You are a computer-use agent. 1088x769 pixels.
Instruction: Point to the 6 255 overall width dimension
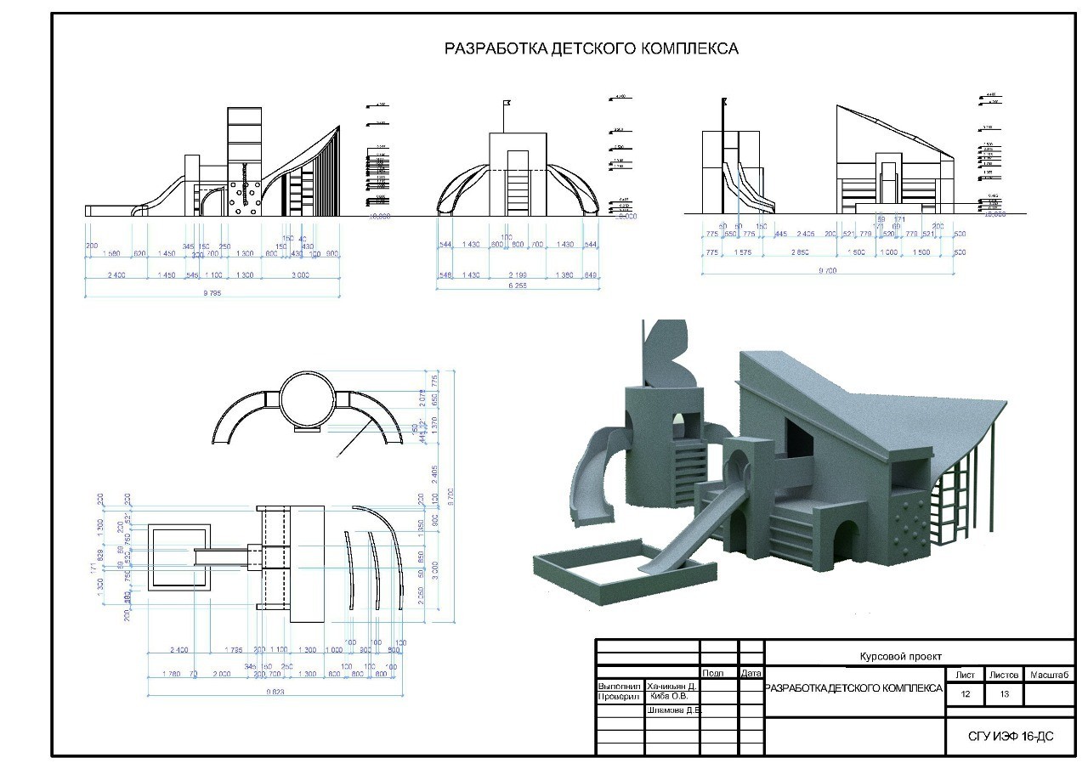518,286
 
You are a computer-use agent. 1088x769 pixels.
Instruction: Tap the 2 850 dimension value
799,252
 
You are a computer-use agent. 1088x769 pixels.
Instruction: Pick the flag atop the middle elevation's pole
507,102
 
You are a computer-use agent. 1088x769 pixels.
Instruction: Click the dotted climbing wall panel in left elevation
246,196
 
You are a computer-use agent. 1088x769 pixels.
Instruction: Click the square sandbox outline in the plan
178,557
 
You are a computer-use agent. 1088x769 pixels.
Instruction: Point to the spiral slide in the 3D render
590,476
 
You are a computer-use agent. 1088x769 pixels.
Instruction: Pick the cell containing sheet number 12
965,694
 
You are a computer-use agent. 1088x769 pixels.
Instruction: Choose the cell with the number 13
1004,694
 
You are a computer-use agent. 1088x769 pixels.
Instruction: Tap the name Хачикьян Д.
671,685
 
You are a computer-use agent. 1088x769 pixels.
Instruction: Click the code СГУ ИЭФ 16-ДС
1011,736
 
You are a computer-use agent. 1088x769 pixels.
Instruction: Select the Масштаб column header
1048,674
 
